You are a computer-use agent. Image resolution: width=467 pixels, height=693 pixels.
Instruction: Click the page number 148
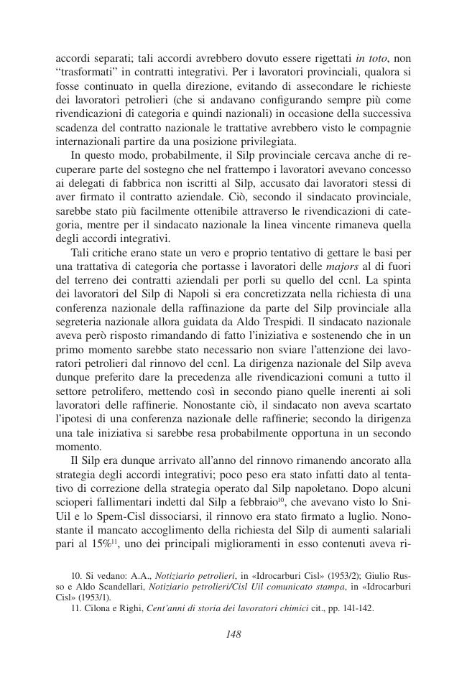coord(233,634)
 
